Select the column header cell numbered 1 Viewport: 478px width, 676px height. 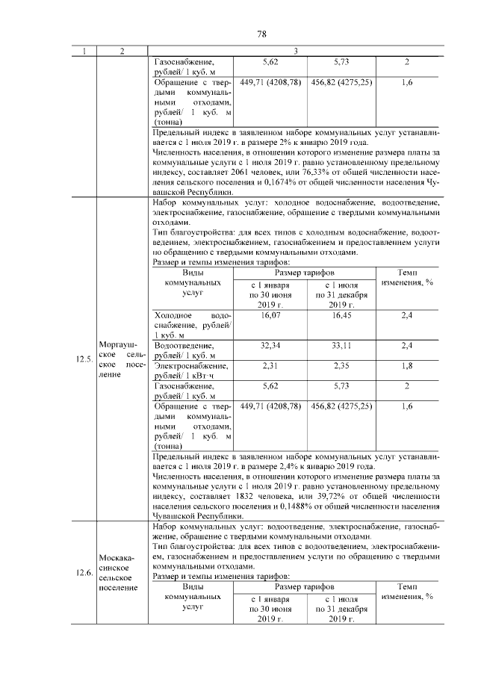point(84,51)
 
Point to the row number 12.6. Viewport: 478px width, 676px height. point(84,574)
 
